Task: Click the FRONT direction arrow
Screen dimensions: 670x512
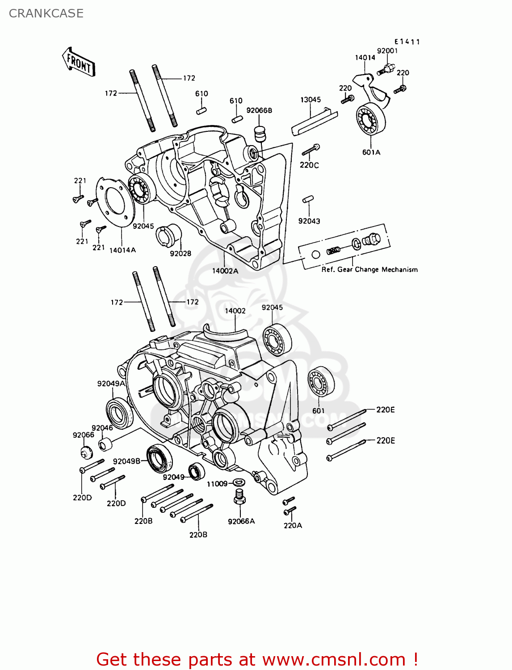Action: click(79, 62)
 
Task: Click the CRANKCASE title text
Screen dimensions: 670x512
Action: click(46, 13)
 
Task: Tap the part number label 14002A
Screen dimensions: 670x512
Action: click(225, 271)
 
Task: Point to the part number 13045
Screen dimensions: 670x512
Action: click(311, 100)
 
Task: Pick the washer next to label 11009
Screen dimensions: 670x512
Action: click(239, 482)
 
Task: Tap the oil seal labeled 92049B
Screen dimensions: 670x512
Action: click(159, 459)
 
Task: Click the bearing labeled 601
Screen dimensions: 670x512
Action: click(321, 382)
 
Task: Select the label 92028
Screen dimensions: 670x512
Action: click(180, 253)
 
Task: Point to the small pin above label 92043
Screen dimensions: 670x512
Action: click(308, 199)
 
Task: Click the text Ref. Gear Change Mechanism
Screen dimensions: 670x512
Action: click(369, 269)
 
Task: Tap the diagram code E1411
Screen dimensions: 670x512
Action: click(407, 42)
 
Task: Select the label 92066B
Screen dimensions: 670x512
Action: click(259, 110)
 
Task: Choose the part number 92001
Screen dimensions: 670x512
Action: click(387, 50)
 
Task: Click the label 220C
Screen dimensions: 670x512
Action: click(309, 165)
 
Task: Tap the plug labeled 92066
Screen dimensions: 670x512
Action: click(85, 452)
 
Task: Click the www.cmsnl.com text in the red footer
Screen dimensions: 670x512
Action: click(334, 659)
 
